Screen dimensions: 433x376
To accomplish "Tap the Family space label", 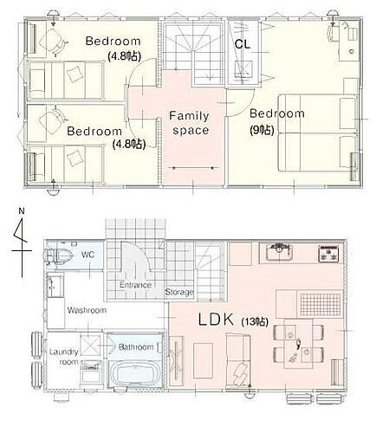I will coord(189,123).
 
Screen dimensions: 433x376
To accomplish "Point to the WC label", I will coord(88,255).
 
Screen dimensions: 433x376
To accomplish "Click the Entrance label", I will coord(136,285).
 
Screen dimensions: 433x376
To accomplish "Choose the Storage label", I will coord(178,292).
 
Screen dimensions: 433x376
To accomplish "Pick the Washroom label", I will coord(87,309).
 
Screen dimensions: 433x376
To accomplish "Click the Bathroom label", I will coord(136,347).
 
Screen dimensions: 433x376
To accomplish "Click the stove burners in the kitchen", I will coord(329,255).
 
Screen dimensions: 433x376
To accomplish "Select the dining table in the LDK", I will coord(296,345).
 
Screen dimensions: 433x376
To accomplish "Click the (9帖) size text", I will coord(260,131).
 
